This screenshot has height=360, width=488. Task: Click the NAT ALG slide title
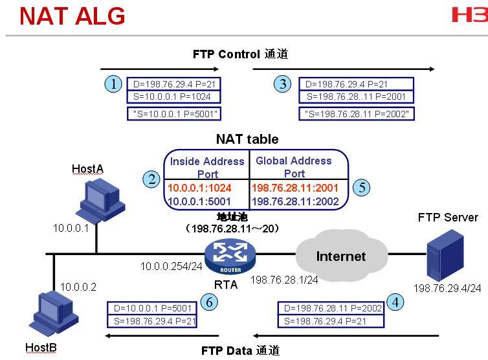[x=72, y=16]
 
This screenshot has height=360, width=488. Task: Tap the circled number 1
[x=113, y=84]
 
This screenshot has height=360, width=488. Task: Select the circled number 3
[x=283, y=84]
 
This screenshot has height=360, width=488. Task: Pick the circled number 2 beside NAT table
[x=151, y=179]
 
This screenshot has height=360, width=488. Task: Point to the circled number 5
[x=362, y=188]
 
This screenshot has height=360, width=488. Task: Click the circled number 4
[x=395, y=302]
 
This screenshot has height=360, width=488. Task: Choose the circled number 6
[x=209, y=302]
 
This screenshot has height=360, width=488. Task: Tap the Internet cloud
[x=342, y=256]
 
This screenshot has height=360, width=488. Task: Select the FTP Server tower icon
[x=445, y=255]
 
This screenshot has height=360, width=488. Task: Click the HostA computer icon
[x=100, y=201]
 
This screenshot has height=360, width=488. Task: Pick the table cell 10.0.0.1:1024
[x=199, y=188]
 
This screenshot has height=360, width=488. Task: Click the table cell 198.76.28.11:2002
[x=295, y=201]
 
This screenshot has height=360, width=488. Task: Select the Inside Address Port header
[x=207, y=168]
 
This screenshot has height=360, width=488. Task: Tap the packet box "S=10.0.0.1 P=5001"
[x=174, y=114]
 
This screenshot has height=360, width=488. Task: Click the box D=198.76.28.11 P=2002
[x=331, y=308]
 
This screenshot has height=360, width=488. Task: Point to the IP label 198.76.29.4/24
[x=447, y=288]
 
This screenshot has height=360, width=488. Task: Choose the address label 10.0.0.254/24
[x=171, y=266]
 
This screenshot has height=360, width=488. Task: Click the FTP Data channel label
[x=240, y=351]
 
